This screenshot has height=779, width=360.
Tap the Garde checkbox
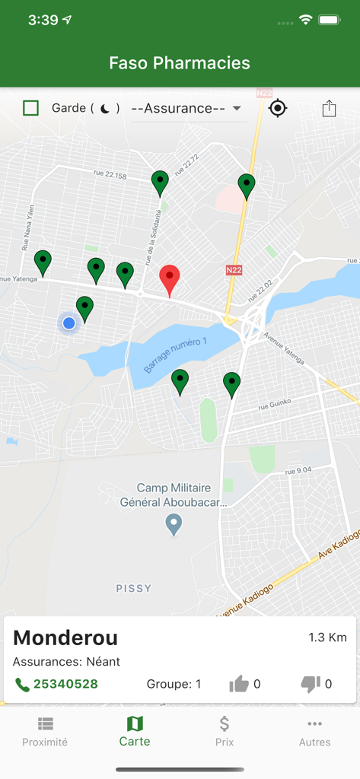click(30, 108)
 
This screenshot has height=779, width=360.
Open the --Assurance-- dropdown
click(187, 108)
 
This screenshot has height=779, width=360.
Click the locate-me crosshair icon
click(278, 108)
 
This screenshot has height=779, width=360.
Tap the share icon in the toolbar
click(329, 108)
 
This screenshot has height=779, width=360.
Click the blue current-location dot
click(69, 323)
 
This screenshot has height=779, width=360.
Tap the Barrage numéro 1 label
click(176, 353)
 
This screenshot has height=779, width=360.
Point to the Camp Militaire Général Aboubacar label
click(174, 494)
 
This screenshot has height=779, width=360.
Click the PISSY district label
click(134, 588)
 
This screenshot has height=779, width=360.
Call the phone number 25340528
click(65, 684)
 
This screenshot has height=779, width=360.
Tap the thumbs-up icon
click(239, 684)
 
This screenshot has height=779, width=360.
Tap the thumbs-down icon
click(311, 684)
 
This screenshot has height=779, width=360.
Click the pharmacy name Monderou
click(65, 638)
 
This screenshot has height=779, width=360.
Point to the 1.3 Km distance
click(327, 638)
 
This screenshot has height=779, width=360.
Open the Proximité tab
click(45, 732)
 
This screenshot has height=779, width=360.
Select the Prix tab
click(225, 732)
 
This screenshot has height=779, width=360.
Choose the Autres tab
click(314, 732)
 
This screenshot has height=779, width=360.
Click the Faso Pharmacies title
click(180, 63)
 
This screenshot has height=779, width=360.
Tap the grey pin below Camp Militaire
click(174, 523)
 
